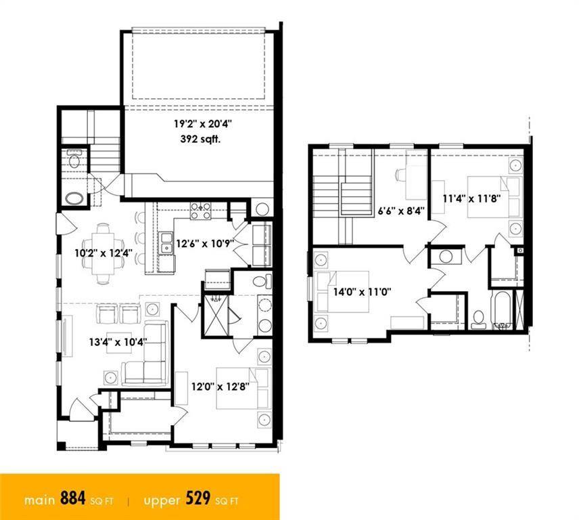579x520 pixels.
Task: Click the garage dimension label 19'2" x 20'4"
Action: pos(203,124)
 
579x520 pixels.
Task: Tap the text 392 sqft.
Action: pos(200,139)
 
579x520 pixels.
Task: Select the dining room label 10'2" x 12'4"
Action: pos(103,253)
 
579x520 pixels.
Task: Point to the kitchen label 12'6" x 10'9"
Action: pos(206,244)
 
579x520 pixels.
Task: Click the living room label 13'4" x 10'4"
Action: pos(118,342)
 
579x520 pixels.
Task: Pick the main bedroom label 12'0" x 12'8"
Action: pos(221,387)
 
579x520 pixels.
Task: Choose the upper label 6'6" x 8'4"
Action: pos(401,211)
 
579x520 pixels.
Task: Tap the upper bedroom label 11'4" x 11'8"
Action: pos(471,199)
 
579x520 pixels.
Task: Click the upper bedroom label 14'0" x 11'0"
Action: pos(362,292)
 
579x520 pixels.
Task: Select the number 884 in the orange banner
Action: pos(73,498)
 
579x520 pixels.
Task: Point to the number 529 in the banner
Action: pos(198,498)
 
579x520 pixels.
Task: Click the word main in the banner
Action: pos(39,500)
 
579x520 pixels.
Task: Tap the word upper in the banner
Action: pos(162,501)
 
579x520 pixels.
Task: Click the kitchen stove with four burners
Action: pos(200,211)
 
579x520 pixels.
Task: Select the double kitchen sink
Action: pos(166,243)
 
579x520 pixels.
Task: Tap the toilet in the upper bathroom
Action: pos(479,319)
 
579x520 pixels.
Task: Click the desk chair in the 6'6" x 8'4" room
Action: pos(401,174)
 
